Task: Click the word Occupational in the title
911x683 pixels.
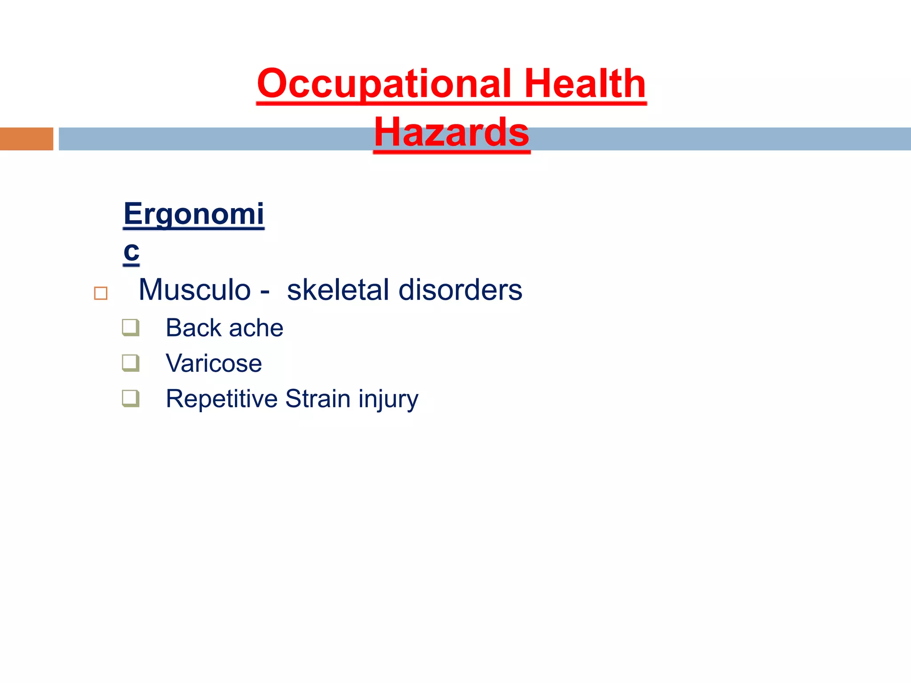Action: click(384, 84)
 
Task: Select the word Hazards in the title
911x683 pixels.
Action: click(451, 132)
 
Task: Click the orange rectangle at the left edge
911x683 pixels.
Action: click(26, 139)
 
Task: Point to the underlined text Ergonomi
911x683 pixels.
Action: click(193, 214)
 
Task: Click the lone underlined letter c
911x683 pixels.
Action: click(131, 251)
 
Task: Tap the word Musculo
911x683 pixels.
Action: click(195, 290)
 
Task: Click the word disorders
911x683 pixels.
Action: click(460, 290)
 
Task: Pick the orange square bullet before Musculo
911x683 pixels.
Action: click(101, 293)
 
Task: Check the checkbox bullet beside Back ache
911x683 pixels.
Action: click(131, 328)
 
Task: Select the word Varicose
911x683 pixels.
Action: click(214, 363)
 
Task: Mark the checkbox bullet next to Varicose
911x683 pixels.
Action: click(131, 363)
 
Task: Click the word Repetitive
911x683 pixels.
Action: click(222, 399)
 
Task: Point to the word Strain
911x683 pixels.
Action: click(318, 399)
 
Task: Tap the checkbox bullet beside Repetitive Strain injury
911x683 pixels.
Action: click(131, 398)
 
